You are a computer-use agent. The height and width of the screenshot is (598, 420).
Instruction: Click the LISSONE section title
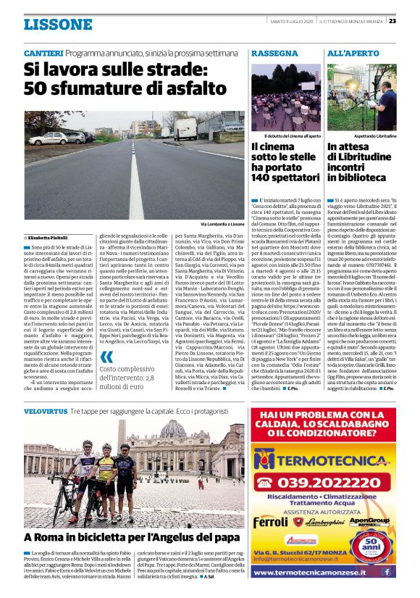[x=58, y=25]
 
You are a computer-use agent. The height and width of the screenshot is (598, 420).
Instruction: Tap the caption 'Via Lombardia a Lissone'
[x=222, y=225]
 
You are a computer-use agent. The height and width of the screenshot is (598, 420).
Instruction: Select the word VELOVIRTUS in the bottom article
[x=46, y=411]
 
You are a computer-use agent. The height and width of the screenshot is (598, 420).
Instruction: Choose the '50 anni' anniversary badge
[x=379, y=539]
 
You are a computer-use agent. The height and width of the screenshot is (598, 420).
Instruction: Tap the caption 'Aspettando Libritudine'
[x=375, y=136]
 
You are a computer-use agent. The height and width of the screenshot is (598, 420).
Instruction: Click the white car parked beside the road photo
[x=47, y=138]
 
